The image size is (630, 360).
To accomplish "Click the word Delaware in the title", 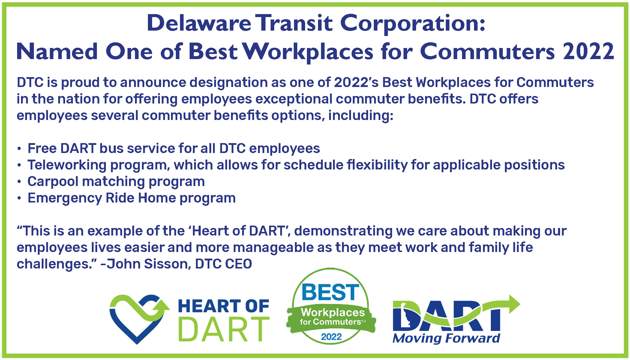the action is (199, 23).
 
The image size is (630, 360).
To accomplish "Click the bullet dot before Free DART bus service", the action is (19, 148).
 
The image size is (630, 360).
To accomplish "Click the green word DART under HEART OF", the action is (224, 329).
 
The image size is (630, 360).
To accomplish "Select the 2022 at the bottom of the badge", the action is (331, 337).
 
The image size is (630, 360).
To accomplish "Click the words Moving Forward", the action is (446, 338).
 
